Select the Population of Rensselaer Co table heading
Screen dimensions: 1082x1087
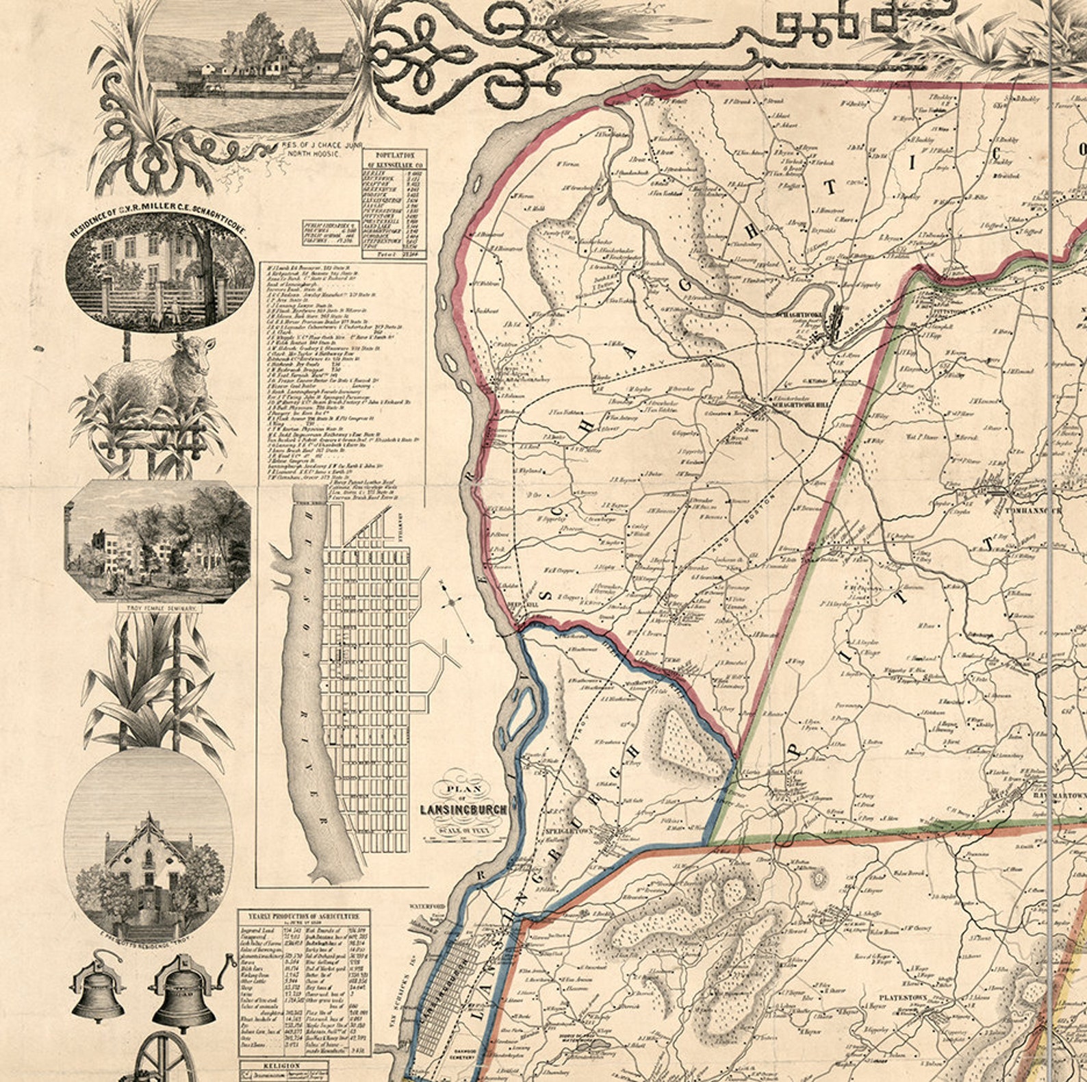pyautogui.click(x=394, y=160)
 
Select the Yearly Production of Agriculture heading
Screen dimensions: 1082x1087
pyautogui.click(x=304, y=916)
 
